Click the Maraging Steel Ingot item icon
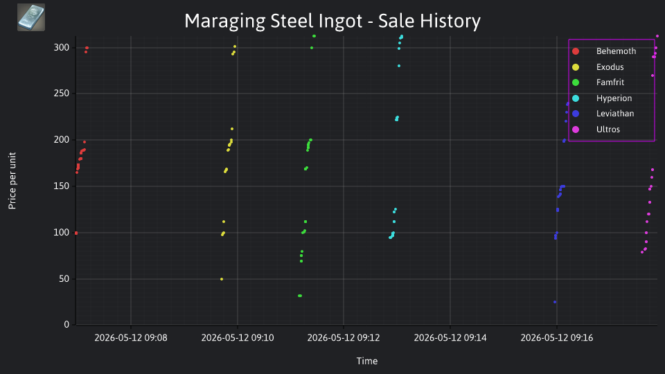pos(31,17)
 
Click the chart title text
pos(332,21)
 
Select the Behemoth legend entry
pos(616,51)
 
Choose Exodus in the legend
pos(610,67)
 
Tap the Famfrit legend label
pos(610,82)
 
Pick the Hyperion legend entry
pos(614,98)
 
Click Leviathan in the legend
pos(615,114)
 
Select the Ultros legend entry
pos(608,130)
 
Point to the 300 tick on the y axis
pos(62,48)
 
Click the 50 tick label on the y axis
pos(64,279)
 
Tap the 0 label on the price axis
pos(66,324)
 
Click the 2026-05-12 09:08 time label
pos(131,338)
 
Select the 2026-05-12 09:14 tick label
pos(450,338)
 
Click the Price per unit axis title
pos(12,181)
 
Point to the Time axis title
pos(367,361)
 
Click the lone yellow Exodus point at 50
pos(222,279)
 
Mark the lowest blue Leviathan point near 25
pos(555,302)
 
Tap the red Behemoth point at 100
pos(76,233)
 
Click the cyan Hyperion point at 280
pos(399,66)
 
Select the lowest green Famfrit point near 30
pos(300,296)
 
